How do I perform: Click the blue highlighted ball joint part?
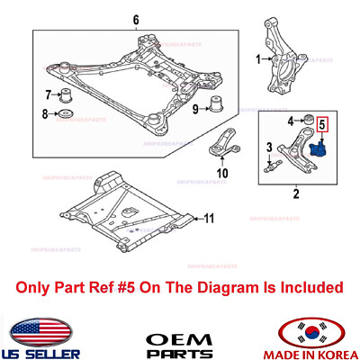pyautogui.click(x=316, y=146)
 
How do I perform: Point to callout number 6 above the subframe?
pyautogui.click(x=136, y=20)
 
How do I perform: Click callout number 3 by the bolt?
pyautogui.click(x=267, y=148)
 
